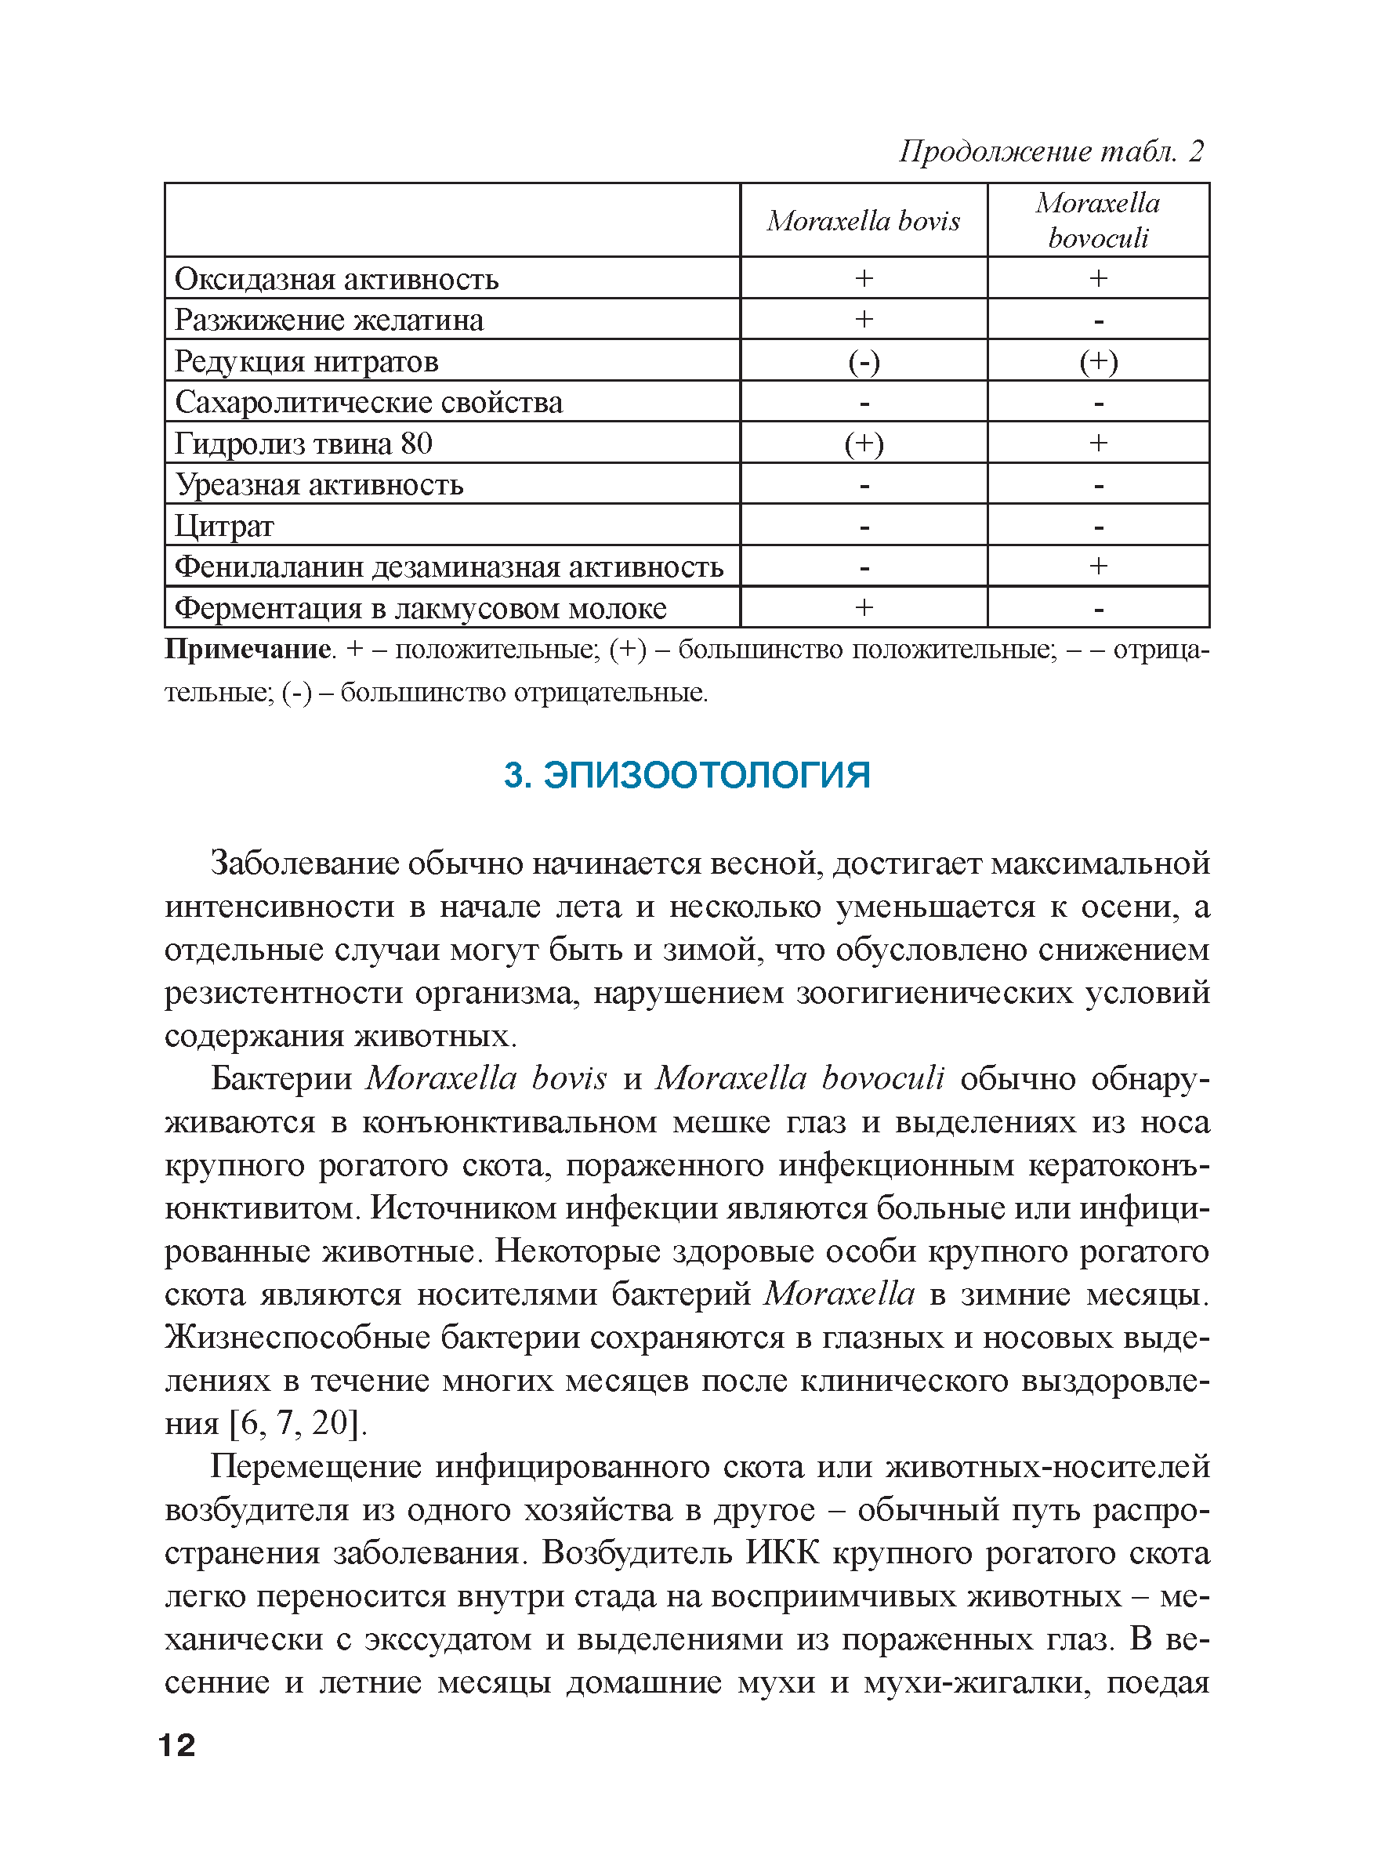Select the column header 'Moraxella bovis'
[x=864, y=221]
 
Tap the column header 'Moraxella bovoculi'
[x=1098, y=221]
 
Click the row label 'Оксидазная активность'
[x=337, y=279]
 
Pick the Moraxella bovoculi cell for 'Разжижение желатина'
[x=1099, y=320]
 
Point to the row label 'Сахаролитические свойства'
[x=368, y=403]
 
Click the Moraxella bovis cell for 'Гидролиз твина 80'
[x=864, y=444]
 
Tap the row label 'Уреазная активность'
[x=319, y=485]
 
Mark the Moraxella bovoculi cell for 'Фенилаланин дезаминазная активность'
[x=1099, y=567]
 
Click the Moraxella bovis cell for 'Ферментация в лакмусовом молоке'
[x=864, y=608]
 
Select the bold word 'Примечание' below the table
[x=248, y=649]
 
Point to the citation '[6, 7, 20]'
[x=298, y=1422]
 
